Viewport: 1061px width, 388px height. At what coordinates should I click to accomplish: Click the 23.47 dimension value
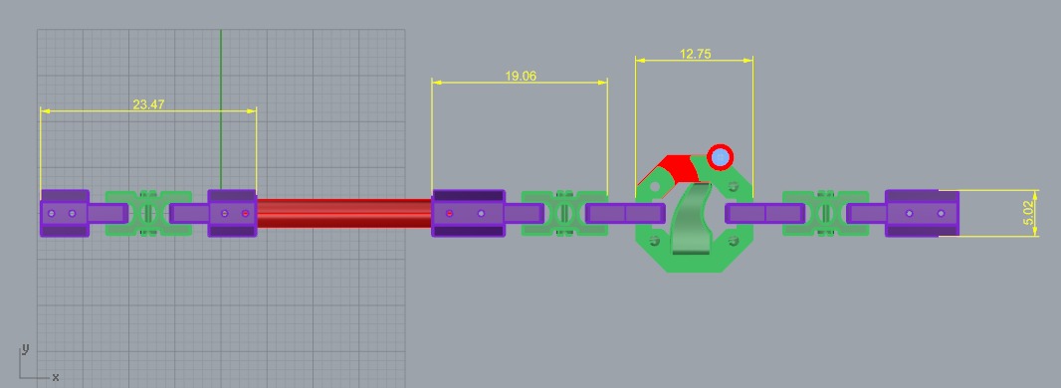(x=148, y=103)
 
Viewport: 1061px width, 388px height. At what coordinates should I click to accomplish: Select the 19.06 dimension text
(x=521, y=76)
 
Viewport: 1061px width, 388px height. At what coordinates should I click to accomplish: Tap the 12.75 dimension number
(x=695, y=55)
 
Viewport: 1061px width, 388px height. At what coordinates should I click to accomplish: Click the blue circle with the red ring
(x=720, y=156)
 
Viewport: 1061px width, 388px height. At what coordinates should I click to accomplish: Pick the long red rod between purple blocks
(x=343, y=213)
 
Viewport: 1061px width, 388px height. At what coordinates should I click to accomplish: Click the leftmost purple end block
(x=64, y=213)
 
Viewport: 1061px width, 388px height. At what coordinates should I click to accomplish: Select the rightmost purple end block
(x=921, y=213)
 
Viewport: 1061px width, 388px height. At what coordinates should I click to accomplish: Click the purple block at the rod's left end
(x=232, y=213)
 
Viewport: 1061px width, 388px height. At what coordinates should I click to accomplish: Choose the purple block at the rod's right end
(x=467, y=213)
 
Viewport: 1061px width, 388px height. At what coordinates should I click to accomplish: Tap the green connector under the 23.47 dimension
(x=148, y=213)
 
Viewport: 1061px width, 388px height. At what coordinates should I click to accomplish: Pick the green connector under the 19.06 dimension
(x=564, y=213)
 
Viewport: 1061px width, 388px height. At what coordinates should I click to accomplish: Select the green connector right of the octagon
(x=824, y=213)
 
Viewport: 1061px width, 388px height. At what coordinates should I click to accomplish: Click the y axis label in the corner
(x=25, y=348)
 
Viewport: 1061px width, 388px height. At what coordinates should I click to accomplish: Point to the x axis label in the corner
(x=55, y=377)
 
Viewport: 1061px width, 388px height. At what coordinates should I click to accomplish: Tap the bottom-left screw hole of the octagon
(x=654, y=240)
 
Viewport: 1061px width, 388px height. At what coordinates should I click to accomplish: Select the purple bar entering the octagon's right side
(x=763, y=213)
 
